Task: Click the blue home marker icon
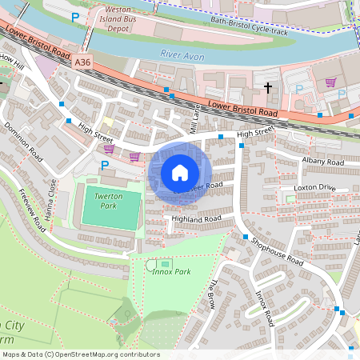(x=180, y=173)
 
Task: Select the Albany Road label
(x=322, y=162)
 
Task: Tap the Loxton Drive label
(x=314, y=188)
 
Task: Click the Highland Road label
(x=195, y=218)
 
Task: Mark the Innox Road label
(x=264, y=308)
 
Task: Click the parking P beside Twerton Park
(x=105, y=166)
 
